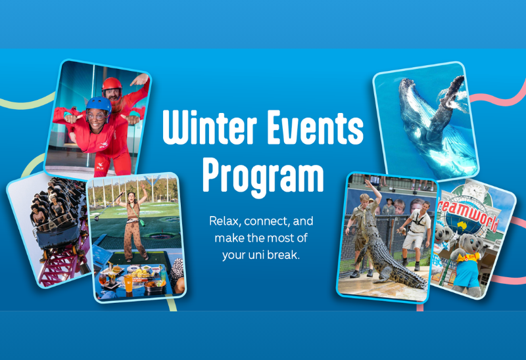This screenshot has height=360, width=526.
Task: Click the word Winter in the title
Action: [x=210, y=127]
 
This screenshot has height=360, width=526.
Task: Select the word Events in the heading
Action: [x=315, y=127]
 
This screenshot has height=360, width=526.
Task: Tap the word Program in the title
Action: [x=264, y=176]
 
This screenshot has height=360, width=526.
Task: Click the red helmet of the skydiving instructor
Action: [x=112, y=85]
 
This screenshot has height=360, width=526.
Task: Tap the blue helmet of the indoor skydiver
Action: [x=99, y=104]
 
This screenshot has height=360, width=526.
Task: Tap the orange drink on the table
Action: [x=128, y=283]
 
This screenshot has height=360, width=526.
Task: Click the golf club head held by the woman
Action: [x=96, y=218]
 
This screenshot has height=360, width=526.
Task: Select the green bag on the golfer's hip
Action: [x=141, y=222]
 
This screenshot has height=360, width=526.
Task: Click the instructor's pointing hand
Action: [x=139, y=79]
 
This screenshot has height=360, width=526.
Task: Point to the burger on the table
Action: [x=116, y=269]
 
